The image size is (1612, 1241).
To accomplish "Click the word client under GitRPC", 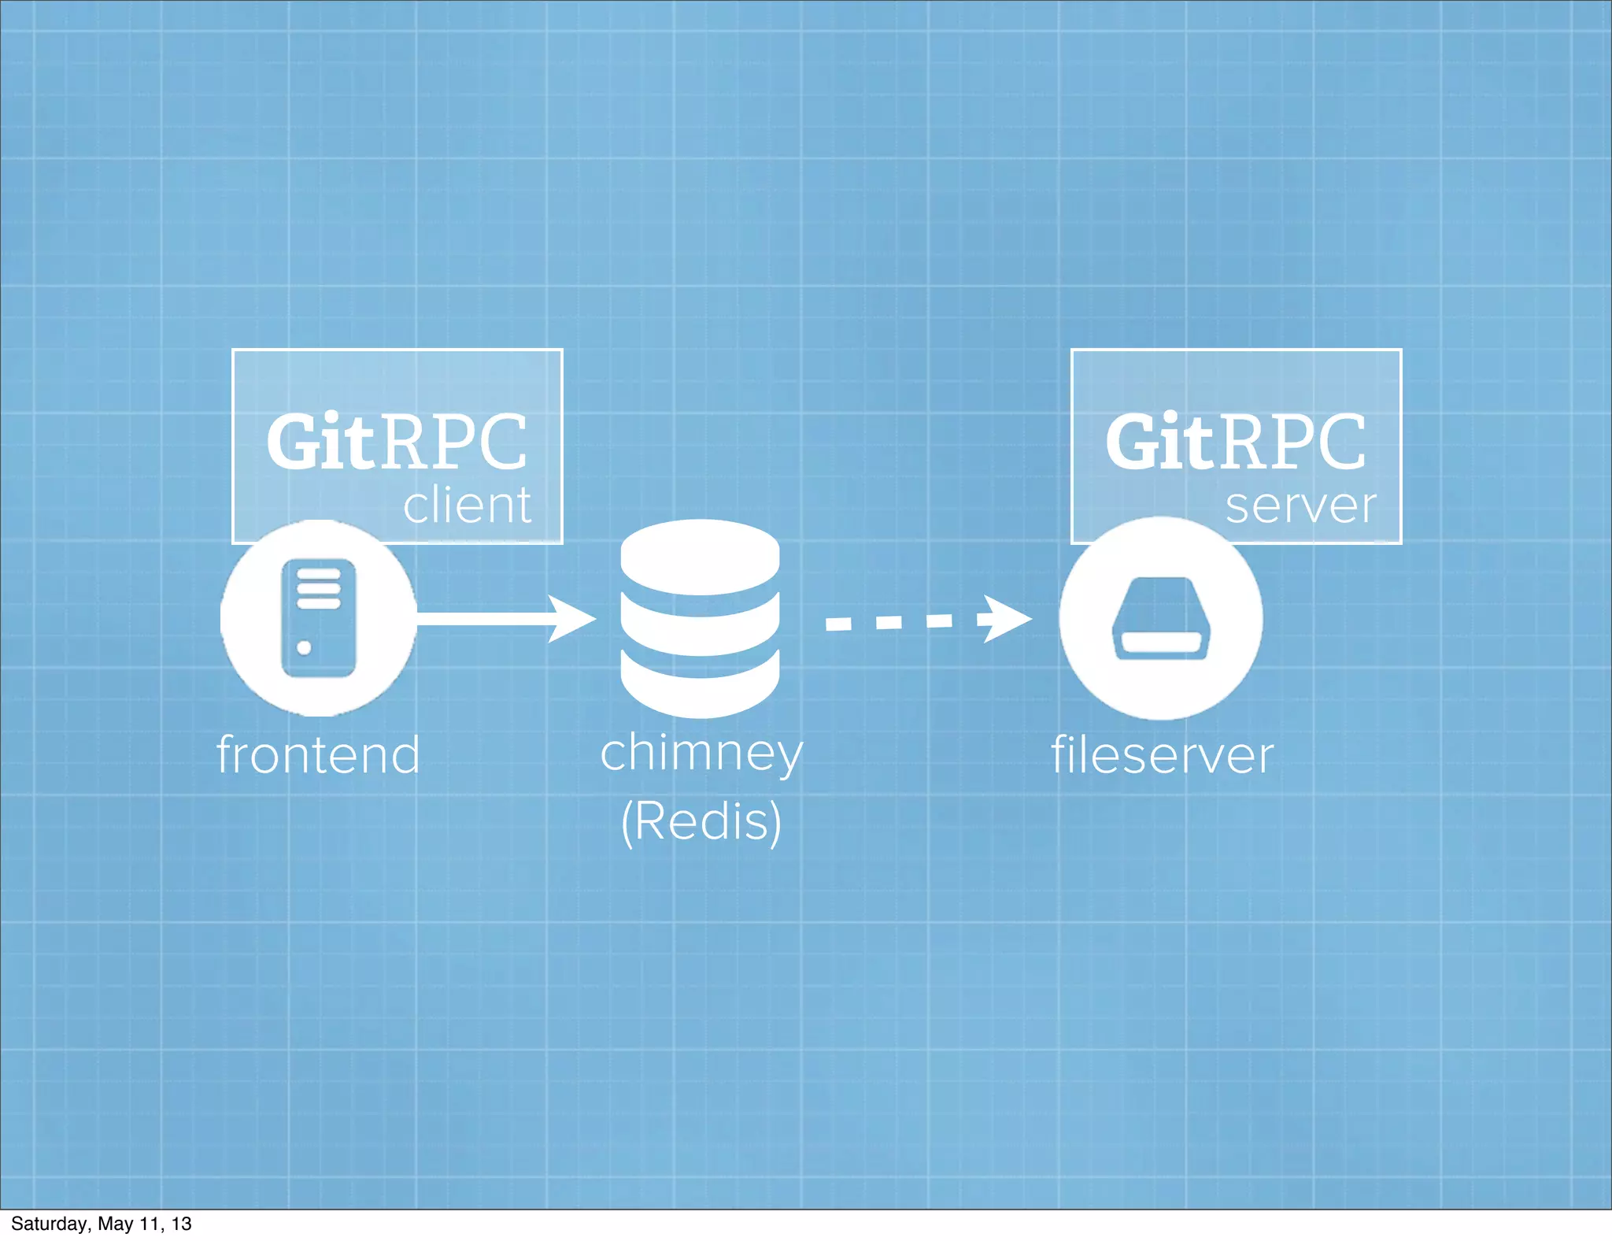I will [468, 506].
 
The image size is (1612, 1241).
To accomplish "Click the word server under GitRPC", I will [1301, 506].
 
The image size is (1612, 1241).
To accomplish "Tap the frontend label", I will [319, 755].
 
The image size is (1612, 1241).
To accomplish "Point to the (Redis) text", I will [701, 821].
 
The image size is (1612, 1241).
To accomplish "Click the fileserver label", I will [1163, 755].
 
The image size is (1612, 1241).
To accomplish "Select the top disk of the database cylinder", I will [700, 556].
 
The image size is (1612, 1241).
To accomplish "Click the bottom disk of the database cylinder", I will [700, 685].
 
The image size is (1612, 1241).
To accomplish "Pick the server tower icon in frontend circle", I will [319, 618].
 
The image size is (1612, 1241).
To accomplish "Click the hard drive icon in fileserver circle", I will [1160, 618].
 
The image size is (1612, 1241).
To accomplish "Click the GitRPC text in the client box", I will [397, 443].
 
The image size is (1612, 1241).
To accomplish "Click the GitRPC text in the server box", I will [1236, 443].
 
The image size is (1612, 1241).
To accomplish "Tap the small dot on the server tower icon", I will [304, 648].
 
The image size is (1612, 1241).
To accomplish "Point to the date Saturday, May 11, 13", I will [101, 1224].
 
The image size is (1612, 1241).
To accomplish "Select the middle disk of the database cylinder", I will [700, 626].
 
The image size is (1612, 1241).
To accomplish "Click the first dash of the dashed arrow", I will [838, 624].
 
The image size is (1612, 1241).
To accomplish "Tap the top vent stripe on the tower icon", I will [319, 574].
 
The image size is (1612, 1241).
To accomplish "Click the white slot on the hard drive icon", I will [1160, 643].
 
